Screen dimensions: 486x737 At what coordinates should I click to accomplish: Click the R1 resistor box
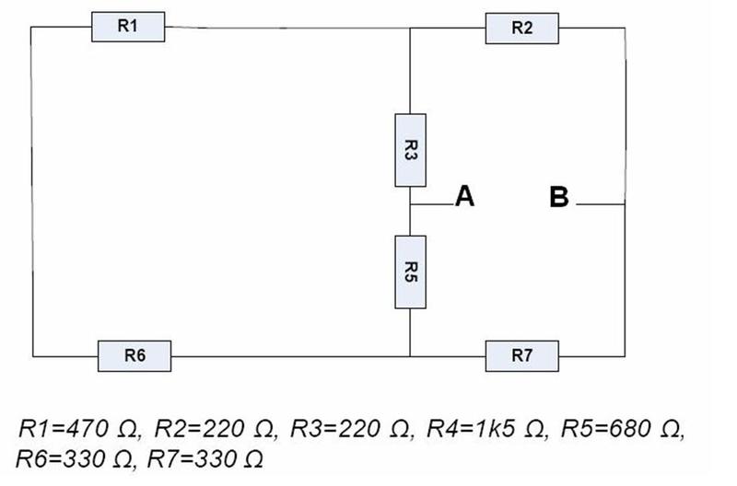pyautogui.click(x=128, y=28)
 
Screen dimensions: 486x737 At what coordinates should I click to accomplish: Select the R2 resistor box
pyautogui.click(x=521, y=29)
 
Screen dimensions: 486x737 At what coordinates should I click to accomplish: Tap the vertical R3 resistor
pyautogui.click(x=409, y=150)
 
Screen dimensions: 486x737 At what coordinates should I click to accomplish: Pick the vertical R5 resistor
pyautogui.click(x=409, y=272)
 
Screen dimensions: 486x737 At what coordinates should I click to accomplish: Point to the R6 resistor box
pyautogui.click(x=134, y=353)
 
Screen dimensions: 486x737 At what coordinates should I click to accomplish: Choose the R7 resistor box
pyautogui.click(x=521, y=354)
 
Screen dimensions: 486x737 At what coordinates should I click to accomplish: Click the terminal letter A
pyautogui.click(x=464, y=196)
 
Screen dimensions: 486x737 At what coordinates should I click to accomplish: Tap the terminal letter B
pyautogui.click(x=558, y=197)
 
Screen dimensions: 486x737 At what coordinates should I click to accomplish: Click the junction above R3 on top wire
pyautogui.click(x=409, y=29)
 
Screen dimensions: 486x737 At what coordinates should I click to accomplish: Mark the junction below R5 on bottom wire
pyautogui.click(x=409, y=354)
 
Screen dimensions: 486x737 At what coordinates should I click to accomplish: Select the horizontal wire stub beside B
pyautogui.click(x=601, y=203)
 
